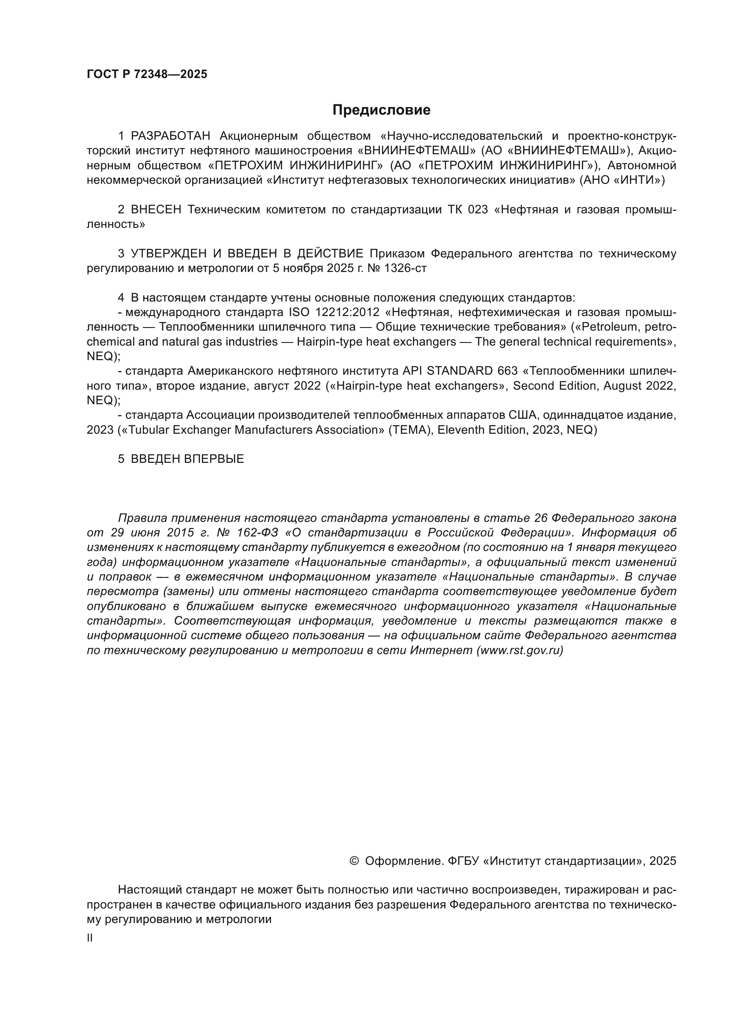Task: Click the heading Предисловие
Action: tap(381, 110)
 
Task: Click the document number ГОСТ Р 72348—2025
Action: tap(147, 74)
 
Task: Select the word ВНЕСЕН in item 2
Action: tap(156, 210)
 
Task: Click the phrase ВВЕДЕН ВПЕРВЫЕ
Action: tap(187, 459)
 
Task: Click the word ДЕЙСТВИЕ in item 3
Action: tap(330, 254)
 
